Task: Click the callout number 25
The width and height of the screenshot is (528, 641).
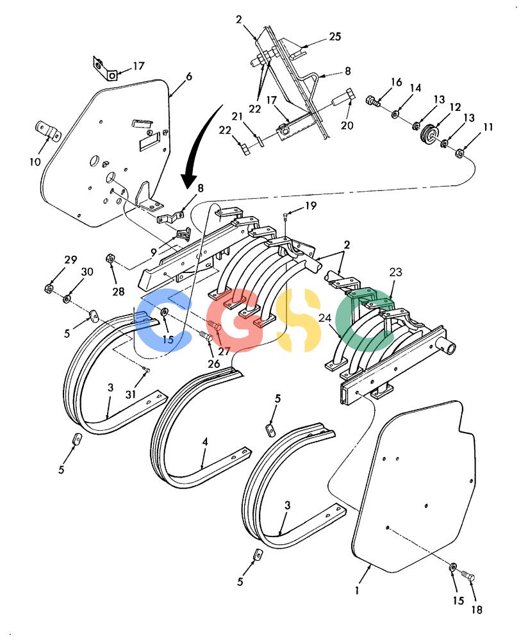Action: click(334, 37)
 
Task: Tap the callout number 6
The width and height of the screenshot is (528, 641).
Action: click(189, 76)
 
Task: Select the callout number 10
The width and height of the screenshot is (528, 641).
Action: click(35, 162)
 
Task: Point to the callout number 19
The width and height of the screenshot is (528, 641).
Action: click(311, 205)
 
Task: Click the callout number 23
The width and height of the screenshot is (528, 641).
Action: click(395, 272)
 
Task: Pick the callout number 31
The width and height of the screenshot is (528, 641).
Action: click(130, 394)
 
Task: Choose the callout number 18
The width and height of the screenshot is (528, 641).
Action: click(477, 610)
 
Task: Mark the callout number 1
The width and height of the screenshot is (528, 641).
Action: click(357, 590)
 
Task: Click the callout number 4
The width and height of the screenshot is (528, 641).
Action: click(205, 442)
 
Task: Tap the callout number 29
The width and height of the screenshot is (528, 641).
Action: click(70, 260)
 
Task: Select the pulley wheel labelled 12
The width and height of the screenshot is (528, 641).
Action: click(431, 133)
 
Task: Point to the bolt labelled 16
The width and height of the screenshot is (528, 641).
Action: click(373, 101)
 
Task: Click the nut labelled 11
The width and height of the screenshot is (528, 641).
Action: click(459, 154)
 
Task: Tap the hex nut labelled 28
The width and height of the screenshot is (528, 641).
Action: click(110, 258)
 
